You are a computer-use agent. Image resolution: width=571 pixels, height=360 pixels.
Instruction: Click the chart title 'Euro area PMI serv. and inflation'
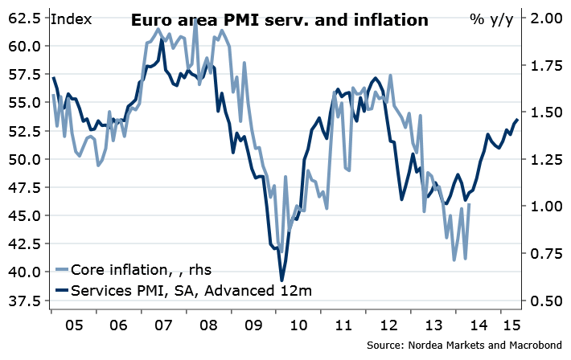coord(280,20)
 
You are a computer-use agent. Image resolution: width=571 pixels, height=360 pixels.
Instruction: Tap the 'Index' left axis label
coord(70,18)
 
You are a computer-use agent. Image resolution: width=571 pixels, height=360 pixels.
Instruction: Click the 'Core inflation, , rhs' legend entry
coord(142,269)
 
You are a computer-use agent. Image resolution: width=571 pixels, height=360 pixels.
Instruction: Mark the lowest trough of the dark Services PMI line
coord(282,280)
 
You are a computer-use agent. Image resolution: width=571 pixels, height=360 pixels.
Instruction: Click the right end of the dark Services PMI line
coord(517,119)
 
